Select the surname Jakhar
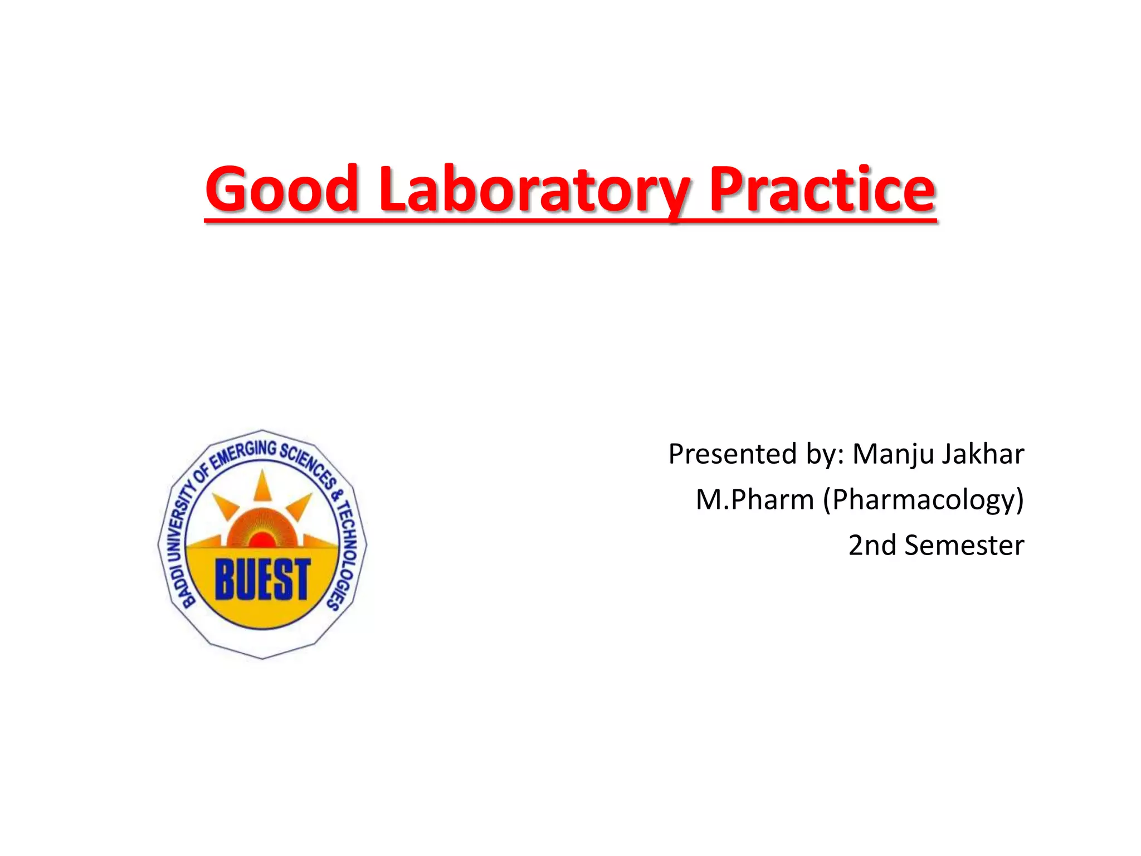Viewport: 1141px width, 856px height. point(983,454)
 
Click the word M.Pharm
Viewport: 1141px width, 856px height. point(754,499)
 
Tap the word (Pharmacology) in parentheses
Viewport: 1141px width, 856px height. point(924,500)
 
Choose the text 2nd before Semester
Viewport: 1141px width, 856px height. point(872,545)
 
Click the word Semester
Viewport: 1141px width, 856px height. point(964,545)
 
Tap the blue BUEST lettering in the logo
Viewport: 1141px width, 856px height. point(262,580)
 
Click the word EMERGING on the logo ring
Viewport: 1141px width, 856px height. point(245,453)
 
